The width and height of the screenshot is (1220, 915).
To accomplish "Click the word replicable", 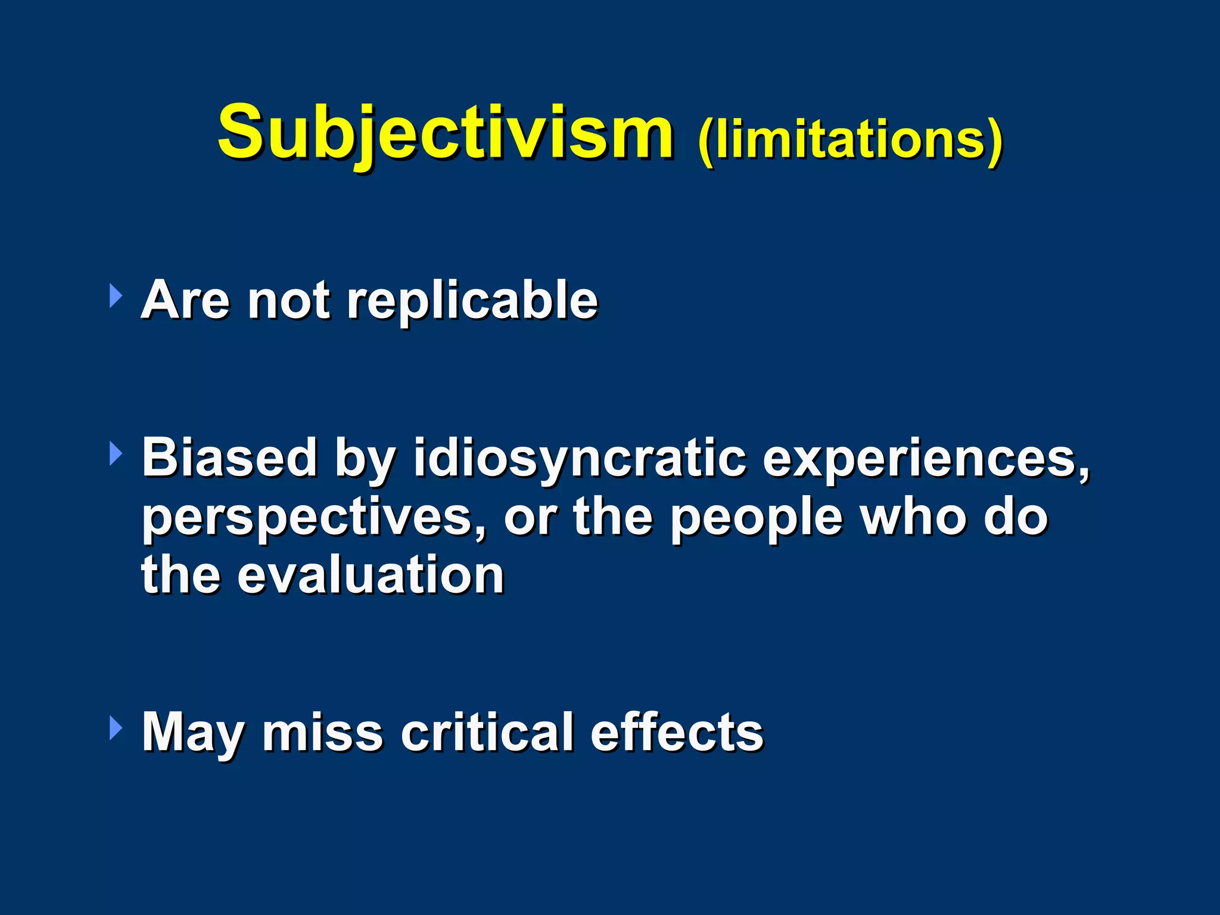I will point(472,301).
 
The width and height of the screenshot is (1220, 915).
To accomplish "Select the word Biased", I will point(229,457).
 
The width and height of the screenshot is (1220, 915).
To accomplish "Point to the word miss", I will point(322,733).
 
